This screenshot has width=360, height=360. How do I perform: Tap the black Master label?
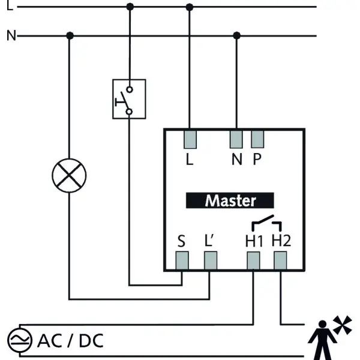230,200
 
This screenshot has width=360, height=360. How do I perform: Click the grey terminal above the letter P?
257,139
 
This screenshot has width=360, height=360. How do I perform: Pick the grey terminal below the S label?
182,260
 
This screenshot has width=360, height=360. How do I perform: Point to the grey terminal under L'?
211,260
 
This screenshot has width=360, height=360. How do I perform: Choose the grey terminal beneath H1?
253,260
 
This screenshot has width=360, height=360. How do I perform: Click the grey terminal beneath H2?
280,260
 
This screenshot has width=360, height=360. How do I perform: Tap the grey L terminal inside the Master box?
190,140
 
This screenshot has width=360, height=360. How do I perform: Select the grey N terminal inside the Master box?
236,139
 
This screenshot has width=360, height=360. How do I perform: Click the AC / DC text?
70,341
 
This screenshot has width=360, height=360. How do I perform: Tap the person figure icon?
322,340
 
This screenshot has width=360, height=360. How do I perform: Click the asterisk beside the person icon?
343,325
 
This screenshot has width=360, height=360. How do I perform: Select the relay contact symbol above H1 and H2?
266,223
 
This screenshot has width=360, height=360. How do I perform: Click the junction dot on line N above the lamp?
70,35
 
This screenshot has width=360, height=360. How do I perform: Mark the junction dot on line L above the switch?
130,7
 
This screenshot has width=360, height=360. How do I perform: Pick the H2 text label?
281,241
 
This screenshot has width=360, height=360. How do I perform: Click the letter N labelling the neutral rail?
11,35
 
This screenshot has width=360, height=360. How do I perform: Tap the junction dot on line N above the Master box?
237,35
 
